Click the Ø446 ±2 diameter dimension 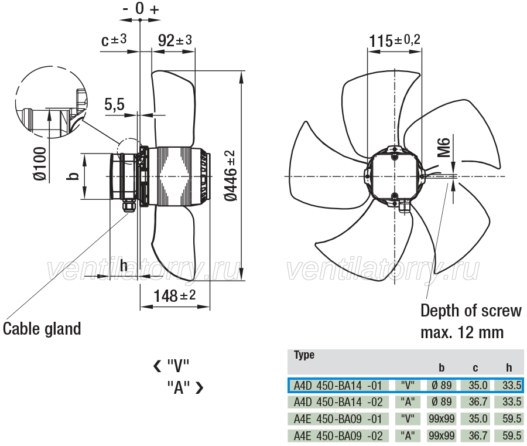click(231, 176)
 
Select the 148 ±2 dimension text click(174, 295)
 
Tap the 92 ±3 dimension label click(174, 40)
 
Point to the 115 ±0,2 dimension click(395, 40)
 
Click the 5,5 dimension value click(114, 104)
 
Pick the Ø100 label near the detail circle click(40, 164)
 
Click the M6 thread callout click(444, 147)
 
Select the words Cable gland click(42, 329)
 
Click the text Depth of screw click(471, 311)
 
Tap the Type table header click(304, 355)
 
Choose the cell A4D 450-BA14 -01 click(338, 385)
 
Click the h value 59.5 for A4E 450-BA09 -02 click(512, 435)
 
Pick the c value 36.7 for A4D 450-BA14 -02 click(478, 402)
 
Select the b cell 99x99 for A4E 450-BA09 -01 click(442, 419)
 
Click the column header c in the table click(475, 368)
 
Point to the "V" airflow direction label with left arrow click(172, 366)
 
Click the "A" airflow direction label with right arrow click(185, 387)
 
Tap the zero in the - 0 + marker click(140, 8)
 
